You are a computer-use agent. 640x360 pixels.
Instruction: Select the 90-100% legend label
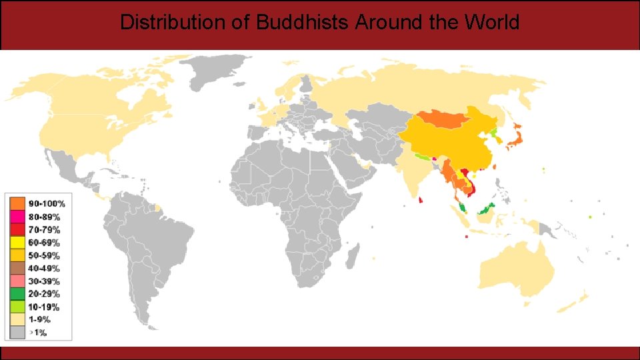tap(47, 203)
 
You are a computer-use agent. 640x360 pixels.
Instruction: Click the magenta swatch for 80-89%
tap(17, 217)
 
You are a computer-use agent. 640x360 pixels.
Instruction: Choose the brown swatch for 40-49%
tap(17, 268)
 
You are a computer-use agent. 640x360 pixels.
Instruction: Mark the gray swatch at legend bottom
tap(17, 333)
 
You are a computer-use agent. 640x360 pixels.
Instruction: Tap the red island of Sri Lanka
tap(421, 199)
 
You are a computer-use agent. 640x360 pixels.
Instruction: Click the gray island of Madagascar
tap(353, 255)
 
